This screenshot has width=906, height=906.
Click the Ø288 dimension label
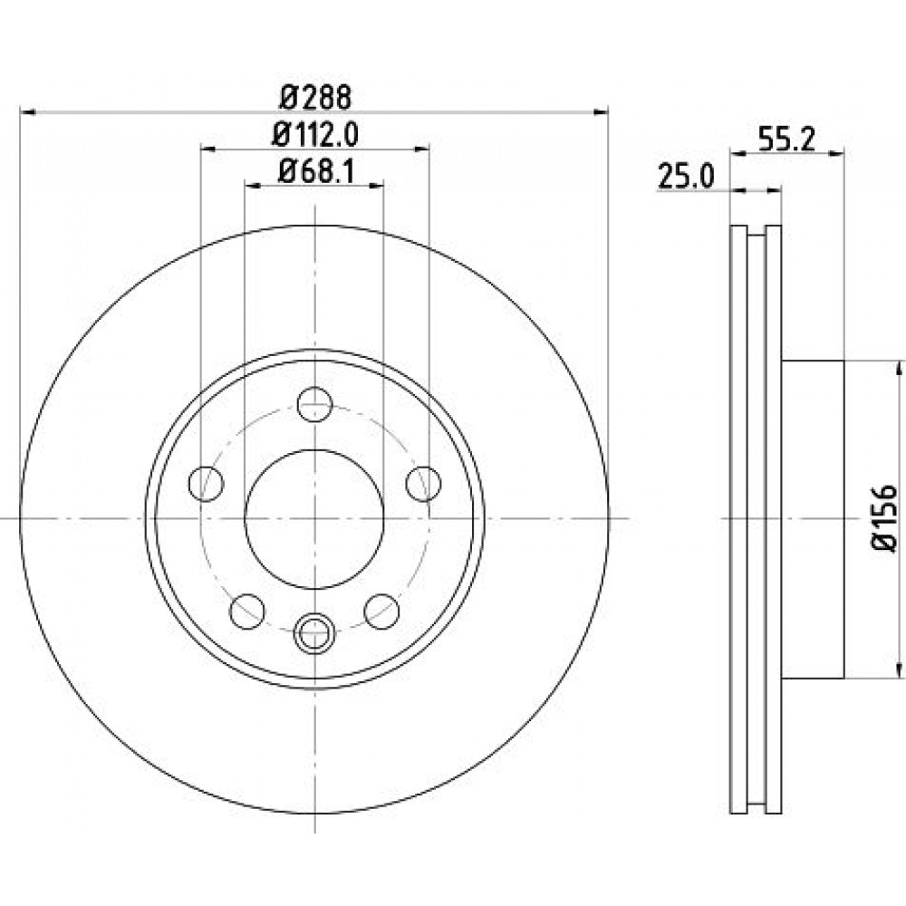[315, 97]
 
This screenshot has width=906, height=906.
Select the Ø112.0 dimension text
[315, 135]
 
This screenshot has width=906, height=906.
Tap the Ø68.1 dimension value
[315, 171]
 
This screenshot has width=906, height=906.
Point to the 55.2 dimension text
[786, 140]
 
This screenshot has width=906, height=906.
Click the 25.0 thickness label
[686, 177]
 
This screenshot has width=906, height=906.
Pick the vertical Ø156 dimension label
[883, 519]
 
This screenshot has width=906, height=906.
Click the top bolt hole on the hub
[315, 404]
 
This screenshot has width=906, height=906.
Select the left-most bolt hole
[207, 483]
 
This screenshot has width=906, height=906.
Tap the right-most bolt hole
[423, 483]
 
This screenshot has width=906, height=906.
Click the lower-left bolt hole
[247, 611]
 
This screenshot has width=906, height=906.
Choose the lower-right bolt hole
[382, 611]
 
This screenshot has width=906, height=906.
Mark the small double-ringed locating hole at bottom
[315, 632]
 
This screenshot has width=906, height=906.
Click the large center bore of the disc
[315, 519]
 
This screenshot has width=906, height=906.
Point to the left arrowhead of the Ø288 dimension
[28, 111]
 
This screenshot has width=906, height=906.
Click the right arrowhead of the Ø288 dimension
[602, 111]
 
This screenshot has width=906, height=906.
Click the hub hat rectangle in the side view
[813, 519]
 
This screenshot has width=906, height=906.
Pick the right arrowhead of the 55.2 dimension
[836, 152]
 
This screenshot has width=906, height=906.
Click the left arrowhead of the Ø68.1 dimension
[253, 186]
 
